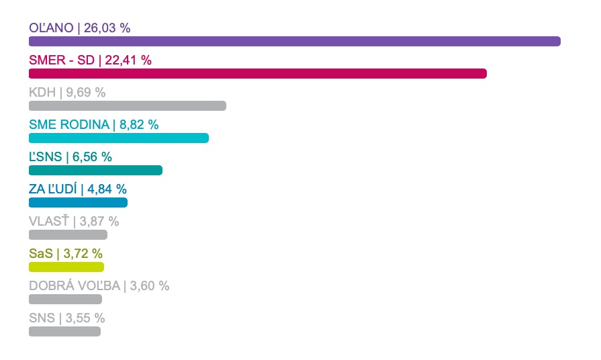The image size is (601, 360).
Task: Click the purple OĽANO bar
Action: (295, 42)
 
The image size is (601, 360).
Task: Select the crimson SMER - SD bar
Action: (258, 74)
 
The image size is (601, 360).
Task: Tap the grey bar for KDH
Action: (128, 106)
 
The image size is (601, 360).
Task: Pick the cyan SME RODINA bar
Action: (119, 138)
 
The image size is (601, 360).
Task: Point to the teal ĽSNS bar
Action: (95, 170)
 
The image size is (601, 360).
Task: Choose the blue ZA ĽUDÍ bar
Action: (78, 202)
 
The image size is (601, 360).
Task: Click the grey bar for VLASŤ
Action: (68, 234)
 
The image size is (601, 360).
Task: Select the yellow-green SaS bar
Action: (66, 267)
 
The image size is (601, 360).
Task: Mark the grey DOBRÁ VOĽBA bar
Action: (65, 299)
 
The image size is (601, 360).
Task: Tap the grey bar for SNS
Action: (64, 331)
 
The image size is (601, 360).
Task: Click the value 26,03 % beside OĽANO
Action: (107, 28)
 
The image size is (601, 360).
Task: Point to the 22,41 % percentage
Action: (128, 60)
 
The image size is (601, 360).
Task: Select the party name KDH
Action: (42, 93)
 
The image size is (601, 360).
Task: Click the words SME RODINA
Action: (69, 125)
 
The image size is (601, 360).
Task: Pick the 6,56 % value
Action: (92, 156)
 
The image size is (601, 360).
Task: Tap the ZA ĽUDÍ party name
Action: (53, 189)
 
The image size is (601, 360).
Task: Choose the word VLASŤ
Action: (49, 221)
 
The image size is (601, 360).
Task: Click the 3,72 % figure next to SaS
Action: (83, 253)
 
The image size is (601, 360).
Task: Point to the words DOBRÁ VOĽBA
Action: (75, 285)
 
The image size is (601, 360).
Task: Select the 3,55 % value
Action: (85, 318)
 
